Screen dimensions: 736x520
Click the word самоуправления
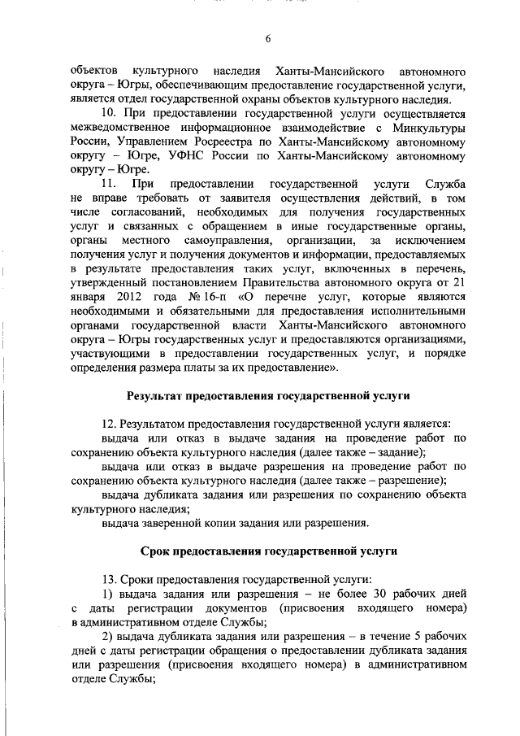(x=223, y=242)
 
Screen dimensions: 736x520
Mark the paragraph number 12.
(x=109, y=424)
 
